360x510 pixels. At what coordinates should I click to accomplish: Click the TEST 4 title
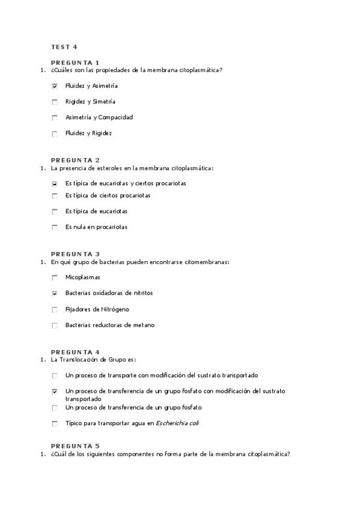point(64,46)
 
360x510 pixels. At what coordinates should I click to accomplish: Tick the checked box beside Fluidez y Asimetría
point(55,86)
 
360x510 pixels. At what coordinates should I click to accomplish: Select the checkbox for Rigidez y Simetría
point(55,102)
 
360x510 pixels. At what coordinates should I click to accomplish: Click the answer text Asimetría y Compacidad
point(99,117)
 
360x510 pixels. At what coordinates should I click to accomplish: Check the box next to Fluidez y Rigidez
point(55,134)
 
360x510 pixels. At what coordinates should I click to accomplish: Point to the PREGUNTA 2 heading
point(75,160)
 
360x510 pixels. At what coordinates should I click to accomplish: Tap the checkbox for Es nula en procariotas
point(55,227)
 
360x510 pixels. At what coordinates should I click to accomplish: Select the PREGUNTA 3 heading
point(75,254)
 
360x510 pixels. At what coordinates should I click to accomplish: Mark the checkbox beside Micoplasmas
point(55,277)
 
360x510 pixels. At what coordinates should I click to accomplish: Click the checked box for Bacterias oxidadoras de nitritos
point(55,293)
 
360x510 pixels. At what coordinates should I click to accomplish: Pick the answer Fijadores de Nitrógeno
point(97,309)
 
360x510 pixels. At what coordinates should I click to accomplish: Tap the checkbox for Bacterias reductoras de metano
point(55,325)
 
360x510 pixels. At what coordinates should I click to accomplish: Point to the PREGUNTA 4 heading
point(75,352)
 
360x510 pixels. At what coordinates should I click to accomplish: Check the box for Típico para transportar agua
point(55,423)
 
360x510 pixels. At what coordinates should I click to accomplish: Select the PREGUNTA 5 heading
point(75,446)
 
